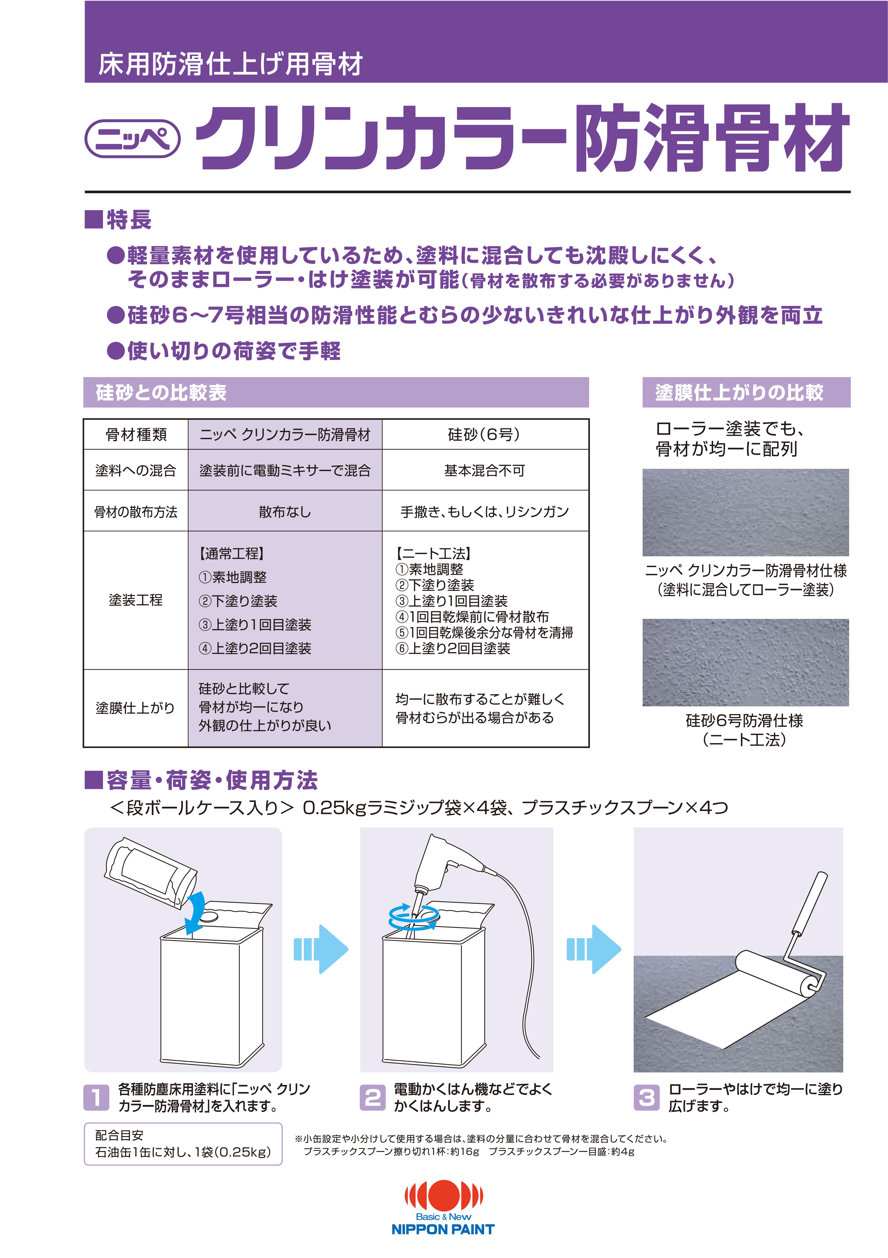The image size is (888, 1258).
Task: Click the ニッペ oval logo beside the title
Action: tap(133, 139)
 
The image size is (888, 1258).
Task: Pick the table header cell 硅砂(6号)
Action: tap(484, 435)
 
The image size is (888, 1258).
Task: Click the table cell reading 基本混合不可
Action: tap(484, 470)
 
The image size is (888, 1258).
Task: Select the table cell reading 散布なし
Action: tap(285, 512)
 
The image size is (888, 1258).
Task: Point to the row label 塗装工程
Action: tap(135, 600)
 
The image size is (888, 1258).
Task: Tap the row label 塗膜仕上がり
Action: tap(135, 708)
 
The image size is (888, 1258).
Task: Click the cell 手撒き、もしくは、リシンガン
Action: tap(484, 512)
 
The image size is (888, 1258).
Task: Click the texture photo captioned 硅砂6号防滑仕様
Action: tap(745, 662)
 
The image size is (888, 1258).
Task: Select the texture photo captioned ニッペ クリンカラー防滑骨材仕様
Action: tap(745, 512)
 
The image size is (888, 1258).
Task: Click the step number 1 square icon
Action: tap(96, 1098)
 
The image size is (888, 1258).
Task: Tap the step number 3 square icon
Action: tap(647, 1098)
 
